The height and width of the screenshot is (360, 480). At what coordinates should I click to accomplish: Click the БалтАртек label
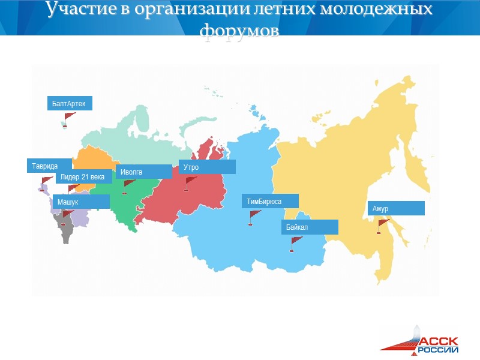[x=70, y=104]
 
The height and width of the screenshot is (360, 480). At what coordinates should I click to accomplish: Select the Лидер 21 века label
[x=83, y=177]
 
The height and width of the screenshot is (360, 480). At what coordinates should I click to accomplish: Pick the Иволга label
[x=144, y=172]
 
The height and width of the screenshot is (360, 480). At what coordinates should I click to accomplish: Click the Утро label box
[x=207, y=167]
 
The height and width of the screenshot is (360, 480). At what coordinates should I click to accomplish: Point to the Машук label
[x=81, y=202]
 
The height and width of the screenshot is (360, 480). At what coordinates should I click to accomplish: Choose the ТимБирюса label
[x=270, y=201]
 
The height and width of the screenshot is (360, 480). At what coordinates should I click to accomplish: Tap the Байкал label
[x=310, y=227]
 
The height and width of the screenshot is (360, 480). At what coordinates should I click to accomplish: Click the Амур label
[x=396, y=208]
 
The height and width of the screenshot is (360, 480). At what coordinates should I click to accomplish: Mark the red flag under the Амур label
[x=382, y=225]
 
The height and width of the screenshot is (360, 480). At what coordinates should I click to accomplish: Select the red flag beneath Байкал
[x=295, y=243]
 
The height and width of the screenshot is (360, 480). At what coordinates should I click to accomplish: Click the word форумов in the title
[x=240, y=29]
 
